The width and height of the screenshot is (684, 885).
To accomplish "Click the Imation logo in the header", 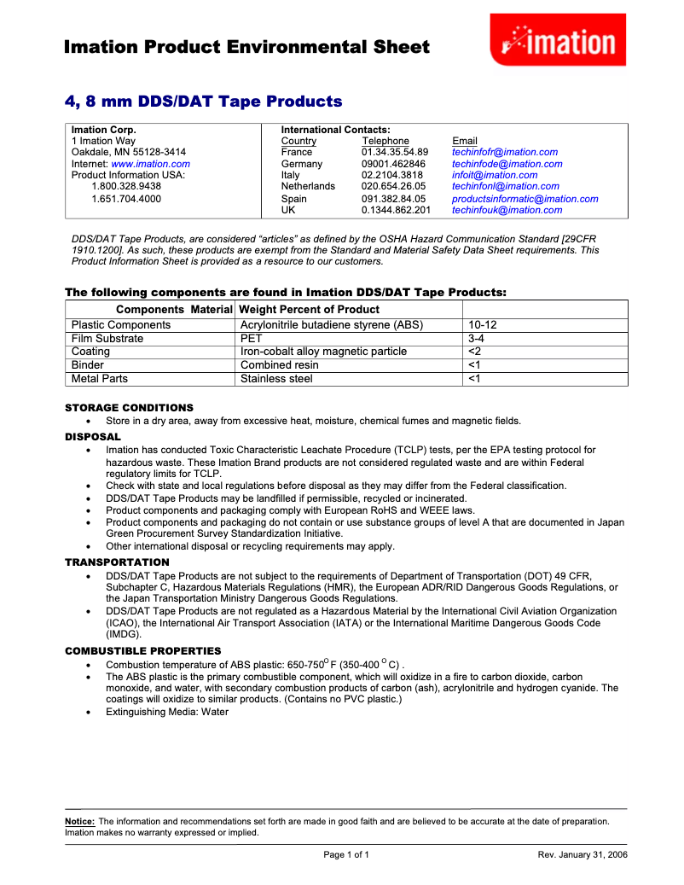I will click(x=558, y=40).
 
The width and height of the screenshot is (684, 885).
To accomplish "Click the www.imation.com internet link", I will click(x=150, y=164).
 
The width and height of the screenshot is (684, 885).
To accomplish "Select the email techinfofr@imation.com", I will click(x=505, y=152).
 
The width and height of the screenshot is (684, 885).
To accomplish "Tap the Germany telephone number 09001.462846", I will click(x=393, y=164).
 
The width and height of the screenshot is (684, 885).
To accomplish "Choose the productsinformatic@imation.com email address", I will click(x=525, y=199).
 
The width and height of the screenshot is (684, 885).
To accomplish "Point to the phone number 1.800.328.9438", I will click(x=126, y=186).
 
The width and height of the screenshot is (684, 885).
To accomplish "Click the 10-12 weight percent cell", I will click(x=483, y=325).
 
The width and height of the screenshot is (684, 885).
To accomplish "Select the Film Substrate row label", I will click(x=107, y=339).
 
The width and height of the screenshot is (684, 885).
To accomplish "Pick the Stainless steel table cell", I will click(x=276, y=379).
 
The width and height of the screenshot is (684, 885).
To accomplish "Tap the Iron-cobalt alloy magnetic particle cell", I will click(x=323, y=352).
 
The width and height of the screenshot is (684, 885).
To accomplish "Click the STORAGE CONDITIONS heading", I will click(x=130, y=408).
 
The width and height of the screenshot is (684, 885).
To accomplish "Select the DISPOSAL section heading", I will click(x=93, y=437).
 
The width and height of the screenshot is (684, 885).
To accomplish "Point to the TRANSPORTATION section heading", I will click(x=118, y=562).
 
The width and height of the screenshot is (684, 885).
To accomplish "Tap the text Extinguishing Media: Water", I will click(x=167, y=712).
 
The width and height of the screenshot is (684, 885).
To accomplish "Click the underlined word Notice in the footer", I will click(x=80, y=822).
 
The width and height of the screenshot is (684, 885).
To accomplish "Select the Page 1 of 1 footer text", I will click(x=346, y=854).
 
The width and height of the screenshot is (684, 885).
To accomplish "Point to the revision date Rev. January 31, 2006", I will click(x=583, y=854).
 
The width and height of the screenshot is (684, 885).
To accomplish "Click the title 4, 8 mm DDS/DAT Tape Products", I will click(x=204, y=102).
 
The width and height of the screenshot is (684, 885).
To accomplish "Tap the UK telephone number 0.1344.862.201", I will click(x=396, y=210).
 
